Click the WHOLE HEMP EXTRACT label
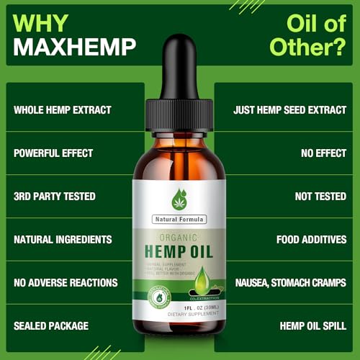(x=62, y=110)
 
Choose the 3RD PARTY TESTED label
(x=54, y=196)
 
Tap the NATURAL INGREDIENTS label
(x=63, y=239)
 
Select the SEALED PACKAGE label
(x=51, y=325)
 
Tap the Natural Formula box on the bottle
(x=179, y=218)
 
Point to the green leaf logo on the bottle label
(x=179, y=198)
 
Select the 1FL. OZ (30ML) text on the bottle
(x=180, y=307)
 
